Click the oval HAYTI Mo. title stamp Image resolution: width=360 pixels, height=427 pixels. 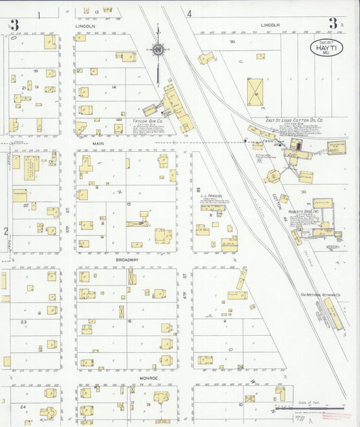tap(327, 48)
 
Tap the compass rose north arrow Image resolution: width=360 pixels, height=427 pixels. tap(157, 50)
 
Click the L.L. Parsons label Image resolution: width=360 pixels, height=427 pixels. tap(211, 197)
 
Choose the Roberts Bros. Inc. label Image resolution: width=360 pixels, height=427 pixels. tap(303, 211)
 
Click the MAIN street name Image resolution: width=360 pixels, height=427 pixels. tap(99, 143)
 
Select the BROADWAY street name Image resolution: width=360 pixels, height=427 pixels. tap(126, 259)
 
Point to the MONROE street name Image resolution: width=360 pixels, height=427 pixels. tap(148, 378)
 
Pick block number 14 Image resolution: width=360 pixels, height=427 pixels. tap(115, 87)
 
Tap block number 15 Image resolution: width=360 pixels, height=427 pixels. tap(128, 203)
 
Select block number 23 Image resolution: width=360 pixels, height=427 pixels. tap(23, 322)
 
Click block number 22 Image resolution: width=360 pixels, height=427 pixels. tap(26, 205)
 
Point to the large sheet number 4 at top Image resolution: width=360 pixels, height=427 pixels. tap(190, 14)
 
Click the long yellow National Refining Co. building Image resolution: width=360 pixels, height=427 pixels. tap(333, 314)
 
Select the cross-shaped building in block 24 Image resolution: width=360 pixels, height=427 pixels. tap(48, 411)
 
